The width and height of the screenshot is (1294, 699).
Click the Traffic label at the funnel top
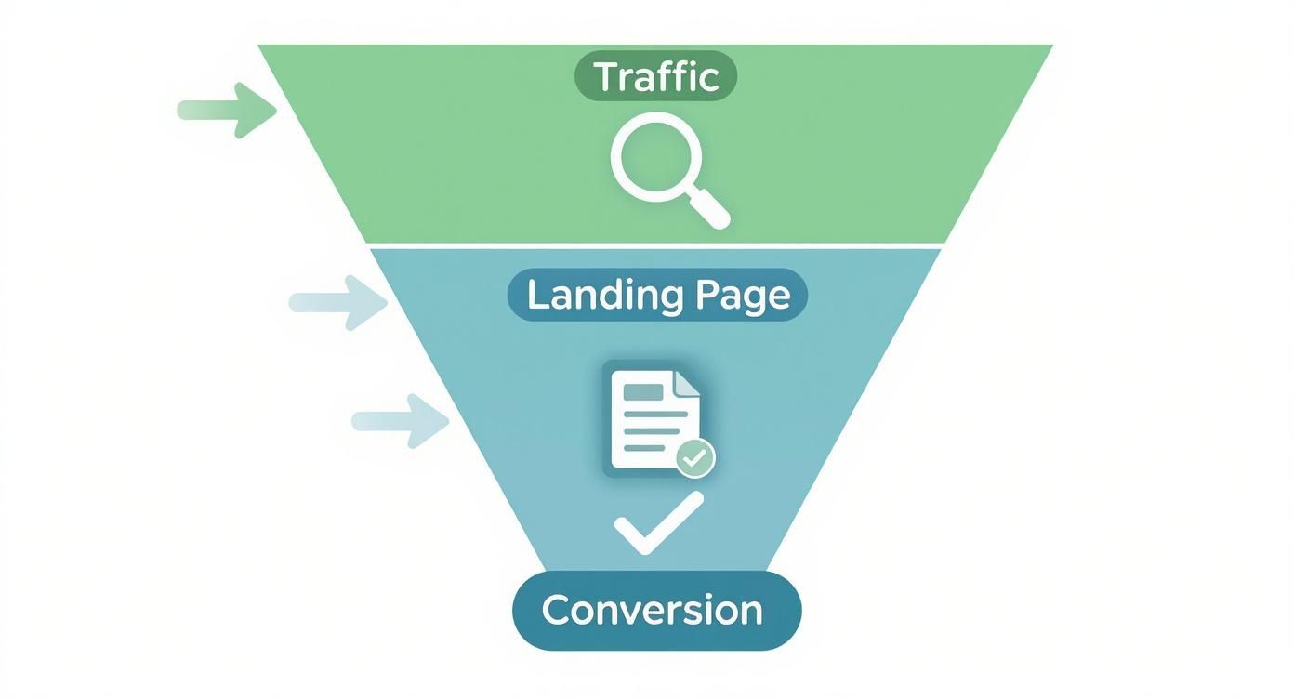(x=656, y=76)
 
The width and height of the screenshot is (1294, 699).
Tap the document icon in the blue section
(x=651, y=418)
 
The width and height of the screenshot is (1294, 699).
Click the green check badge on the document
(x=694, y=457)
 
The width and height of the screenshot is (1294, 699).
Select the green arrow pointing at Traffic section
(x=227, y=110)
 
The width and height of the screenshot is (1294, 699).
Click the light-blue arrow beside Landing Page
(x=338, y=301)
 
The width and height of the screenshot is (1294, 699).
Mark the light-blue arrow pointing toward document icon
(x=401, y=420)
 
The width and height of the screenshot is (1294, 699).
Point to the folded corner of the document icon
(x=686, y=379)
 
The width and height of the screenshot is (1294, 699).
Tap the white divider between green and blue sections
(x=656, y=245)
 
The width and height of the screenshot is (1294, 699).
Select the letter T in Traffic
(x=606, y=76)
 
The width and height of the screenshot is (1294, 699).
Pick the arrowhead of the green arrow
(x=256, y=110)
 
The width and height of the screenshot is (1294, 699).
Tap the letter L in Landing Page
(x=536, y=296)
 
